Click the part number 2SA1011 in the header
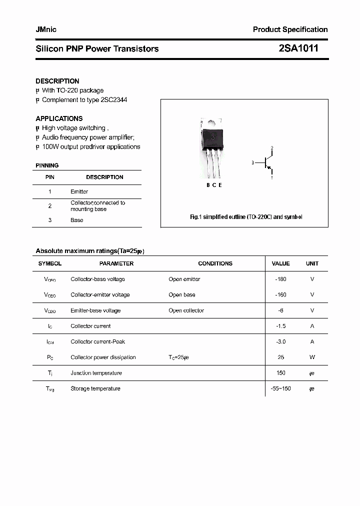pyautogui.click(x=298, y=48)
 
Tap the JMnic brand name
pyautogui.click(x=46, y=29)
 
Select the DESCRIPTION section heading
pyautogui.click(x=57, y=81)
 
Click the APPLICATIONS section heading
pyautogui.click(x=59, y=118)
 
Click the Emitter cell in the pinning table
pyautogui.click(x=79, y=191)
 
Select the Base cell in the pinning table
pyautogui.click(x=77, y=220)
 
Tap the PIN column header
pyautogui.click(x=50, y=177)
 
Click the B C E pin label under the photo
pyautogui.click(x=214, y=185)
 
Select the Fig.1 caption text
pyautogui.click(x=246, y=217)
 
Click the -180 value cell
pyautogui.click(x=280, y=279)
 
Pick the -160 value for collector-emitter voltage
pyautogui.click(x=280, y=294)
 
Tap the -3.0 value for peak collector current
pyautogui.click(x=280, y=341)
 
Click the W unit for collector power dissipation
pyautogui.click(x=312, y=357)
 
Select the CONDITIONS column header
pyautogui.click(x=215, y=263)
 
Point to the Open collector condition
pyautogui.click(x=186, y=310)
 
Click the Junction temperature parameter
pyautogui.click(x=96, y=373)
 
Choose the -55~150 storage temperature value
pyautogui.click(x=280, y=388)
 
